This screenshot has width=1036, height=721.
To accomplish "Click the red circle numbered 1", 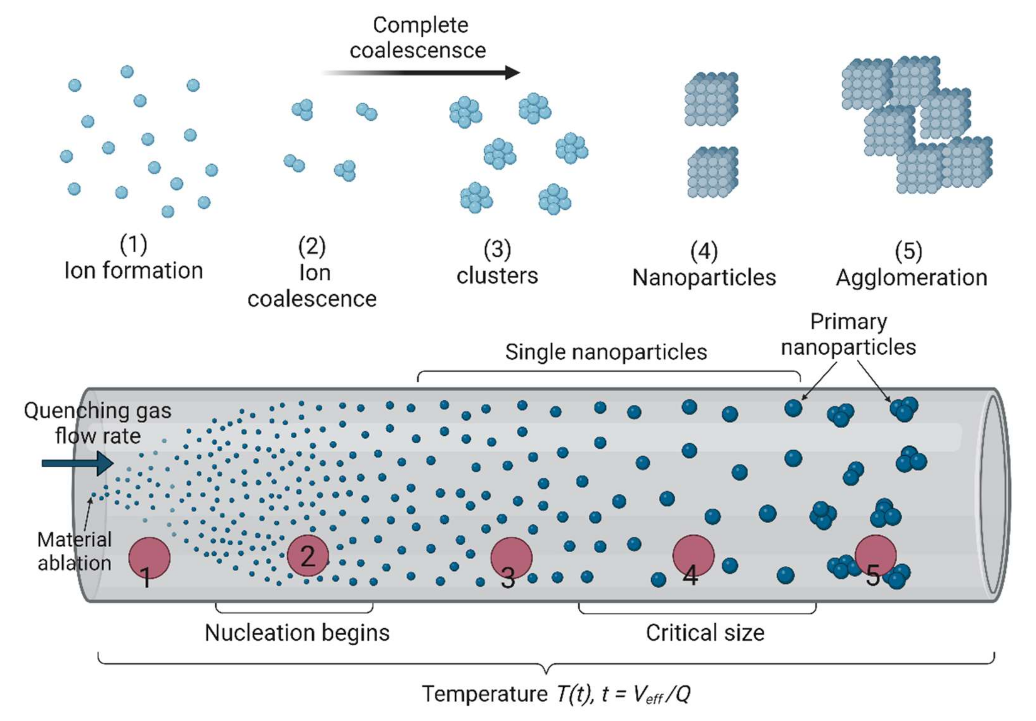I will (x=149, y=558).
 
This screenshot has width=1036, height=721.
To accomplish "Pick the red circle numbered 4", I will (x=693, y=555).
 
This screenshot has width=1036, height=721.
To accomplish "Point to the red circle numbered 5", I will (x=875, y=555).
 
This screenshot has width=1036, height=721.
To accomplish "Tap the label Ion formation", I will (x=133, y=271).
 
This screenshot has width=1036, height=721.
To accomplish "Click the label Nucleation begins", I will (x=297, y=633).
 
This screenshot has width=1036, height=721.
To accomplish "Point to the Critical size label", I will (x=705, y=633).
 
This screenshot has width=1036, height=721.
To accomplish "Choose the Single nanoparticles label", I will (x=605, y=352).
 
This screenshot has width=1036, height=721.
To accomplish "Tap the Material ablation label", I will (x=75, y=551).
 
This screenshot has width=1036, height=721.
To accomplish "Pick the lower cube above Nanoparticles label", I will (x=713, y=172).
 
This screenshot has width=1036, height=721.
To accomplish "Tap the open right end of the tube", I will (x=993, y=494).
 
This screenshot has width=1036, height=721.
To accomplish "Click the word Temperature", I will (x=485, y=694).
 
